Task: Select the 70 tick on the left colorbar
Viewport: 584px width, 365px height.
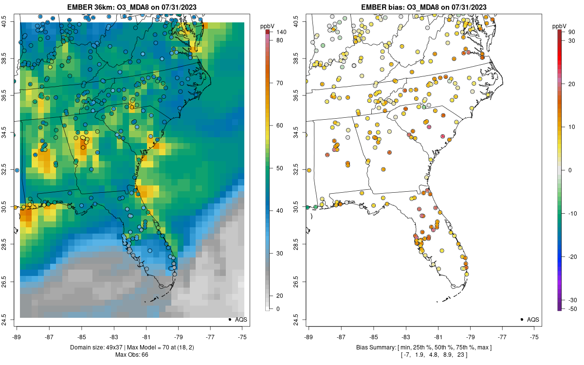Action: pos(280,83)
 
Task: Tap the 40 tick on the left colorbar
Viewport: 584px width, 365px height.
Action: pos(280,211)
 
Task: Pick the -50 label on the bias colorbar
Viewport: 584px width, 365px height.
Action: pos(573,309)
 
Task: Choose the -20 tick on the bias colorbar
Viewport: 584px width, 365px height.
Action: pos(573,256)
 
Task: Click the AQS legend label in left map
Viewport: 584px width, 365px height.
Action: pos(241,320)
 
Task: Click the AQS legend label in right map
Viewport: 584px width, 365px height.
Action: pos(533,320)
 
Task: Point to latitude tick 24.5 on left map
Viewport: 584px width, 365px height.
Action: pos(10,319)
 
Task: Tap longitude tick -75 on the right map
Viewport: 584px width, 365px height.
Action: pos(535,336)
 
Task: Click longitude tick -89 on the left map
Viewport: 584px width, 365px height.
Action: pos(17,336)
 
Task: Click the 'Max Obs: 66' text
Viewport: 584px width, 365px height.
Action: pos(131,355)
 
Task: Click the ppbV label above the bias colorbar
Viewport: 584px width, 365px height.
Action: pos(559,25)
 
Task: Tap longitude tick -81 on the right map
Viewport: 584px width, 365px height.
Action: pos(438,336)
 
